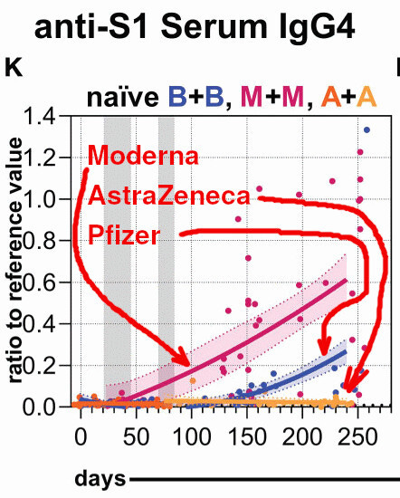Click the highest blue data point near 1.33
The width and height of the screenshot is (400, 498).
367,130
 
